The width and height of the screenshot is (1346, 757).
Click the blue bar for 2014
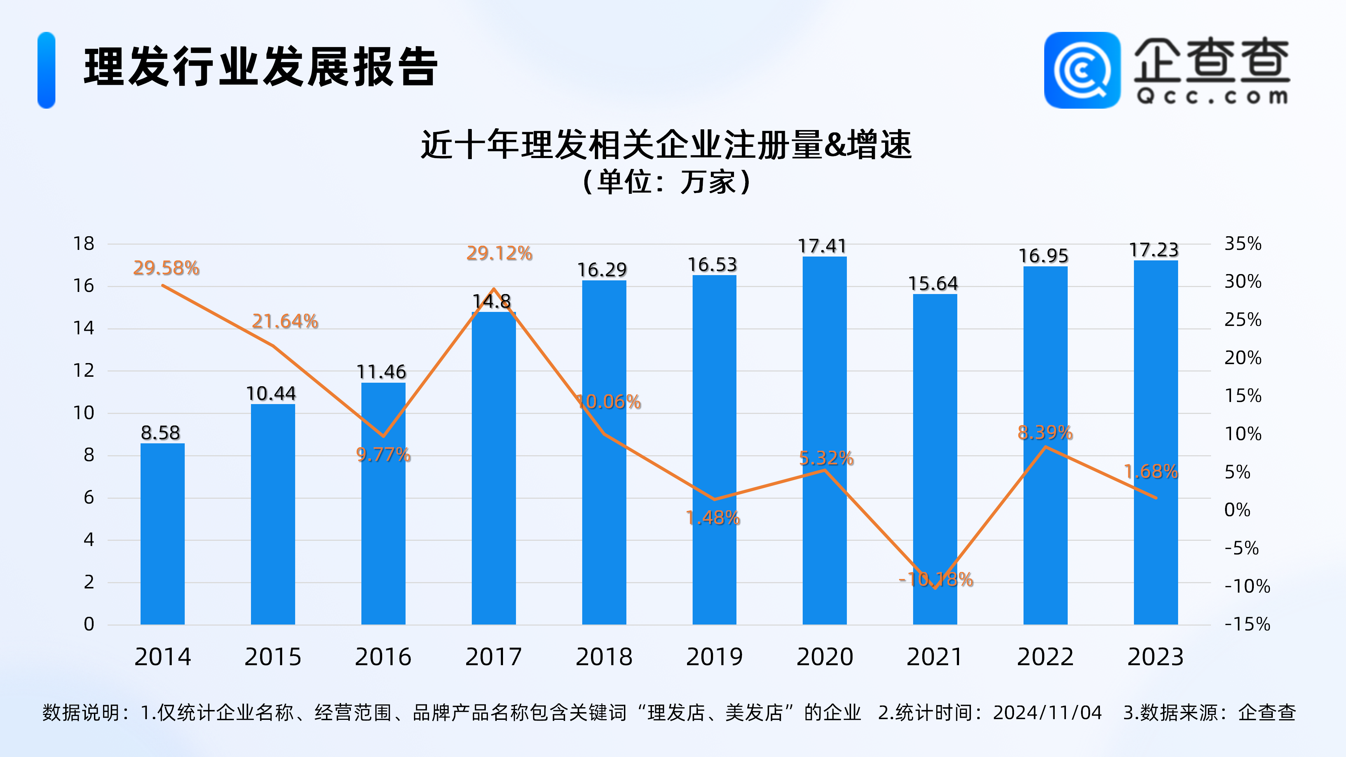click(163, 533)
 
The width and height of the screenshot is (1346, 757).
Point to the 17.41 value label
click(822, 246)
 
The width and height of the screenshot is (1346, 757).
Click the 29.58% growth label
click(166, 268)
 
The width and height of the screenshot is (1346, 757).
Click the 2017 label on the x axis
click(493, 657)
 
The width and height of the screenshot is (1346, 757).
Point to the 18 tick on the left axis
click(84, 244)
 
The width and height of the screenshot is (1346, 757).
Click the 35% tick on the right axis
click(1243, 244)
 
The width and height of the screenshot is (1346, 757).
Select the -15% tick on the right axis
click(1247, 624)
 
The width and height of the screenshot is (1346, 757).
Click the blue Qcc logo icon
click(1082, 70)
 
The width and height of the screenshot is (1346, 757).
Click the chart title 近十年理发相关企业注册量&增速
click(666, 145)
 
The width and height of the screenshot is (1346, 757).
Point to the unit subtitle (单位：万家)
click(666, 182)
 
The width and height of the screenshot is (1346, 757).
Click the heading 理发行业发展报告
click(261, 67)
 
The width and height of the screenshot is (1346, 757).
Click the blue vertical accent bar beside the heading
click(47, 70)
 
